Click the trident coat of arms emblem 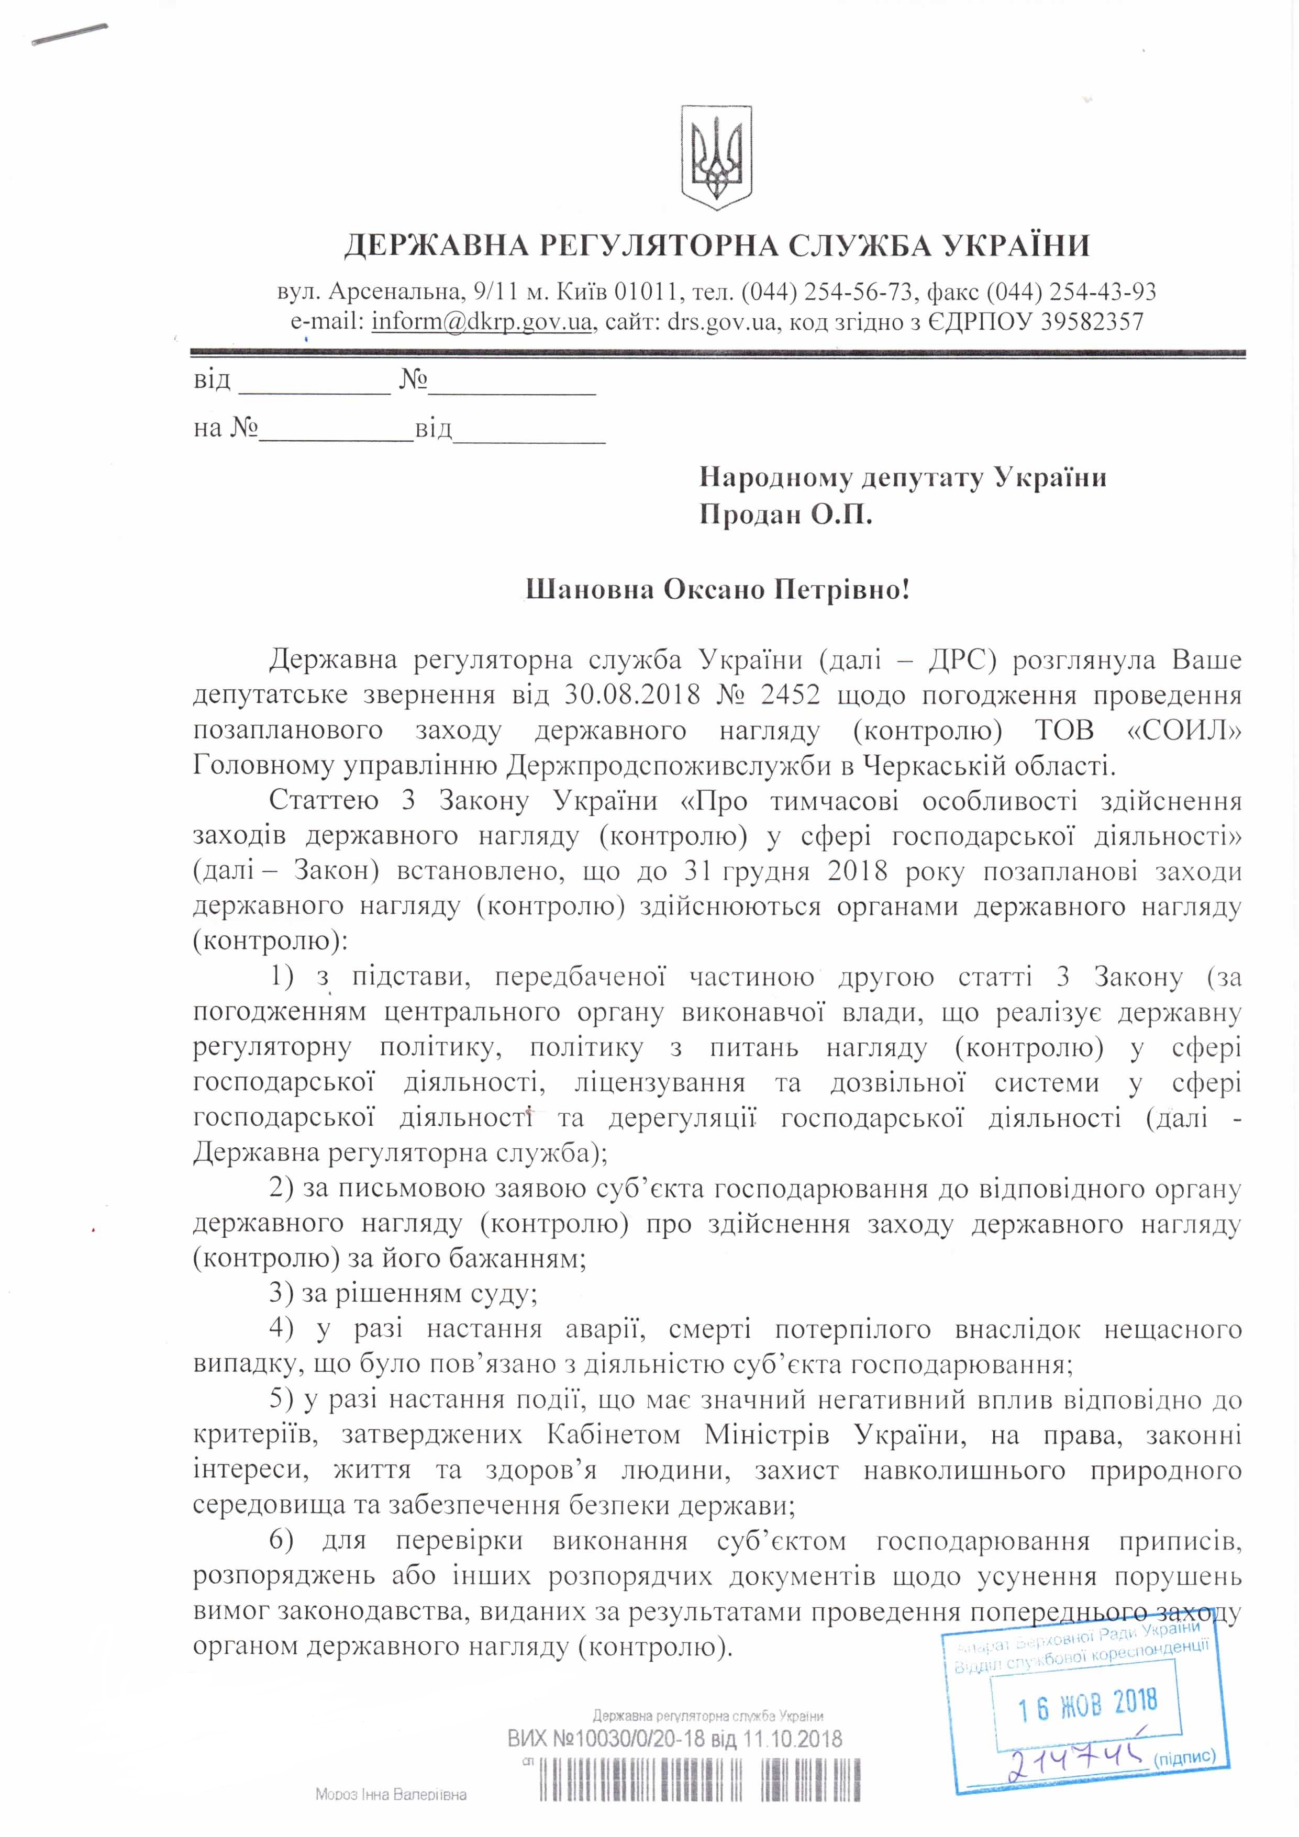tap(716, 155)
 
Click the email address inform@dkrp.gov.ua tap(482, 322)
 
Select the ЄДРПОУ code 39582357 tap(1092, 322)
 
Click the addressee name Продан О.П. tap(785, 513)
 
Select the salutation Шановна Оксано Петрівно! tap(717, 590)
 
